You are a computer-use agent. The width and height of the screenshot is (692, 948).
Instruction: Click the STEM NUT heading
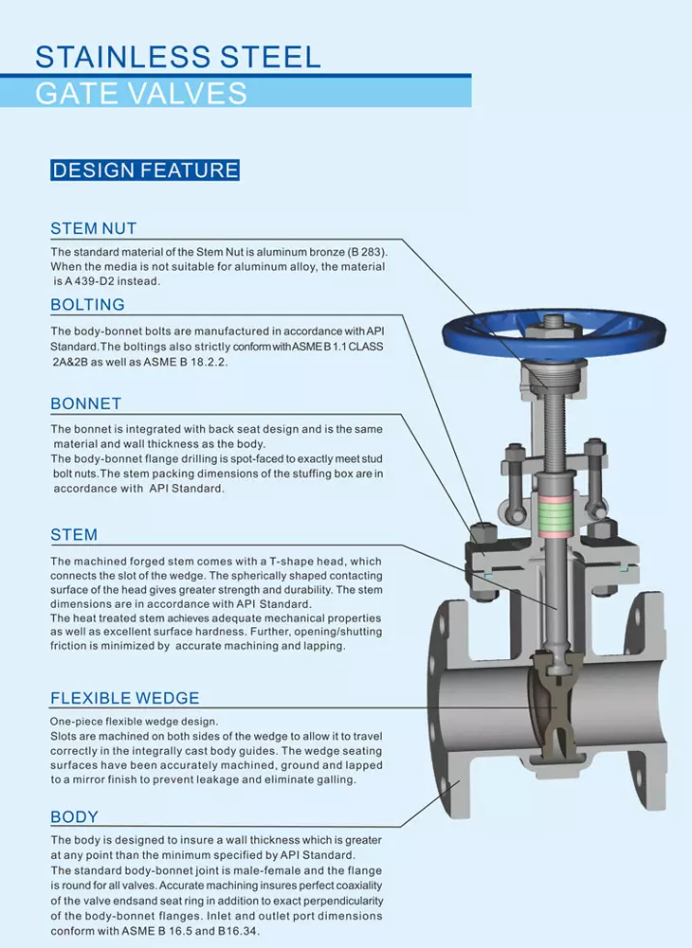93,228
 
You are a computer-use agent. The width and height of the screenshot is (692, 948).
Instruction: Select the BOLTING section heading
87,305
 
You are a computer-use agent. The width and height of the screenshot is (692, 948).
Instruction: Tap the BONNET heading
86,403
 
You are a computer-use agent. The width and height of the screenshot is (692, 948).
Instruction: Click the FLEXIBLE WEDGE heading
125,698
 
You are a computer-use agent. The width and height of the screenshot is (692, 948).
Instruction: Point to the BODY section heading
74,817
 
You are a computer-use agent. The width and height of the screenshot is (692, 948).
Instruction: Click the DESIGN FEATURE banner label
145,170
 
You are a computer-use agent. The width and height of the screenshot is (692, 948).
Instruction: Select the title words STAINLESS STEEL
178,58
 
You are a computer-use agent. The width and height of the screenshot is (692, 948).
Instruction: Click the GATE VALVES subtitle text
141,94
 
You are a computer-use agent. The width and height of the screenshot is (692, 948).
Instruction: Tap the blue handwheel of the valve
554,332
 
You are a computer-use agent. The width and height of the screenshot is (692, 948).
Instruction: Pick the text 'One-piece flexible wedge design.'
134,722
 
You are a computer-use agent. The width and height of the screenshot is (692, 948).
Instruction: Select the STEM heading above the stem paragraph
74,535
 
